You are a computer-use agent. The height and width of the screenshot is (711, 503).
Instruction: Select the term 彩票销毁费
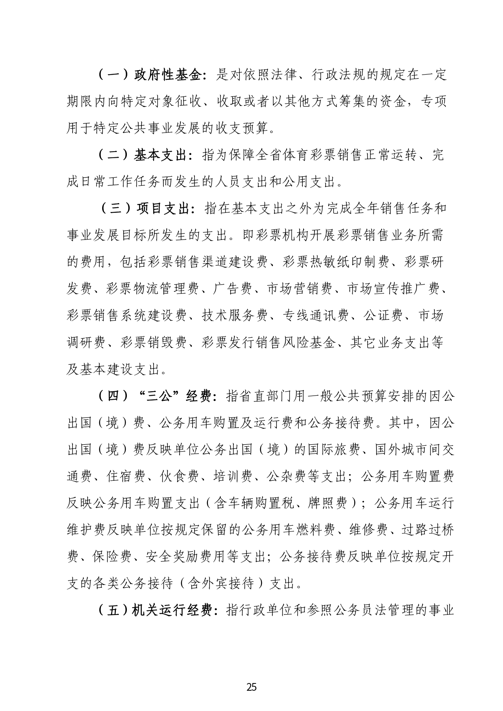click(x=152, y=343)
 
